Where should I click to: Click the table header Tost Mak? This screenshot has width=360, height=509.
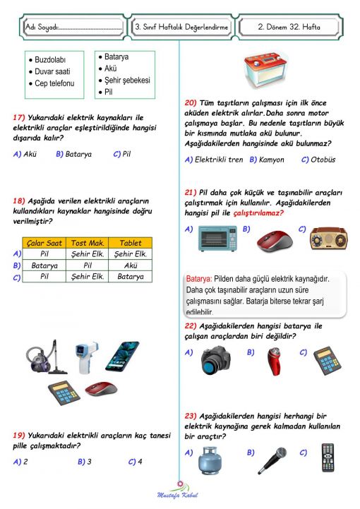click(88, 243)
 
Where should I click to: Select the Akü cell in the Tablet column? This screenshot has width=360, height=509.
click(131, 265)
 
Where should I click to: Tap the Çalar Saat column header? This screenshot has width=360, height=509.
click(44, 243)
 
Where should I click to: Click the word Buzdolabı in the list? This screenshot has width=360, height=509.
click(50, 61)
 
